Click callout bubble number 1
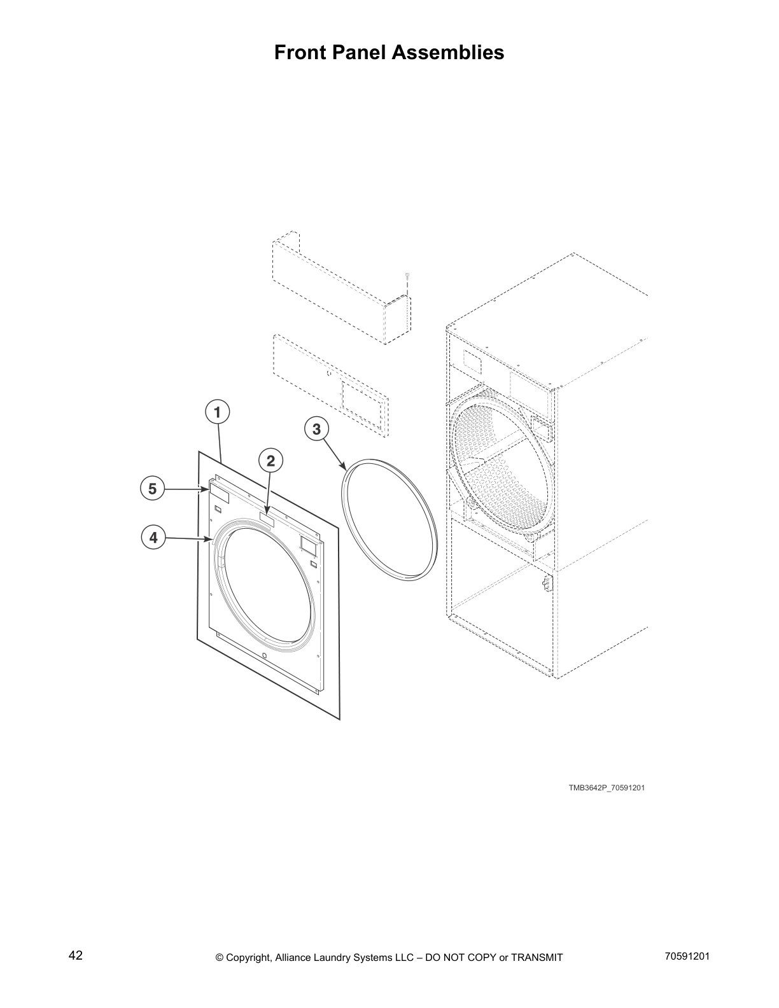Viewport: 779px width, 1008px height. (x=217, y=412)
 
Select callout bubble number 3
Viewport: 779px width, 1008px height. (x=316, y=430)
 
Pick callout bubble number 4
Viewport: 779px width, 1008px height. (x=153, y=538)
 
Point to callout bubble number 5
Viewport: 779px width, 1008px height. (x=152, y=489)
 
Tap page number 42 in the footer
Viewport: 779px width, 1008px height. (x=75, y=956)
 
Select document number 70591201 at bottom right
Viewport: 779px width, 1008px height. (x=684, y=956)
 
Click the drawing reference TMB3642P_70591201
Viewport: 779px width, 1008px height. (x=607, y=788)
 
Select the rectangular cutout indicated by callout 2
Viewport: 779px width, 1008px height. (x=267, y=521)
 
